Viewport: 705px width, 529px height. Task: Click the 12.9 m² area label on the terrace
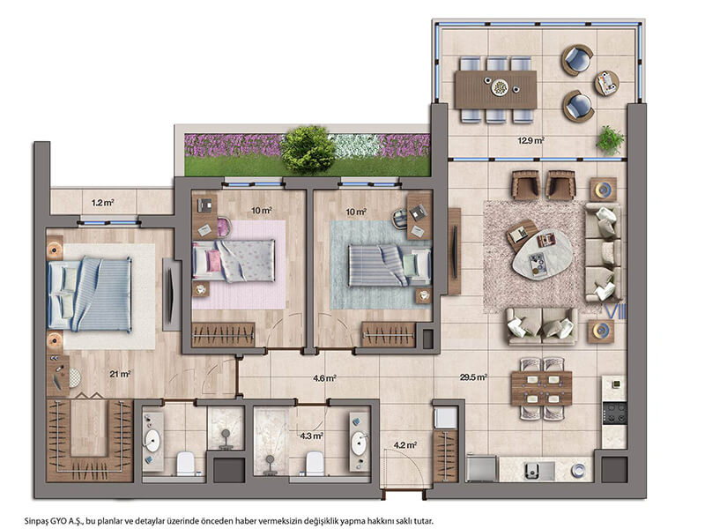coord(531,140)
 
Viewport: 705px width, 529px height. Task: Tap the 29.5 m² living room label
coord(473,377)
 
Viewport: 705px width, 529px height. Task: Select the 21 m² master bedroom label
coord(120,374)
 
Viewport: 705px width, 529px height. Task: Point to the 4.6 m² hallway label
coord(324,378)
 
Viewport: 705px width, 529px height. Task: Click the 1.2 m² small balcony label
coord(102,203)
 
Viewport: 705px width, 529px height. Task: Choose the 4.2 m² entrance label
coord(405,445)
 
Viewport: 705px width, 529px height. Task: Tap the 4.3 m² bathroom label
coord(312,436)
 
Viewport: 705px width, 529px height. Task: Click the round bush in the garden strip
coord(308,149)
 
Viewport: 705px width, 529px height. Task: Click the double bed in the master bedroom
coord(90,294)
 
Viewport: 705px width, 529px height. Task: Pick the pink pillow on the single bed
coord(213,261)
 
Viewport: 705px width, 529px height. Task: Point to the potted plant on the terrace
coord(610,139)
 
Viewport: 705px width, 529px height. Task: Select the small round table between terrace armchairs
coord(607,83)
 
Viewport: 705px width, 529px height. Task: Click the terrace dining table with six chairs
coord(496,90)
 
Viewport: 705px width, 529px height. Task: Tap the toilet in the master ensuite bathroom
coord(185,464)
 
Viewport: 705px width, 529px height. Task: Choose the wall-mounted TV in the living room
coord(456,252)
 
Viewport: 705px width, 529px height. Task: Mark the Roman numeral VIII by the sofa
coord(615,312)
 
